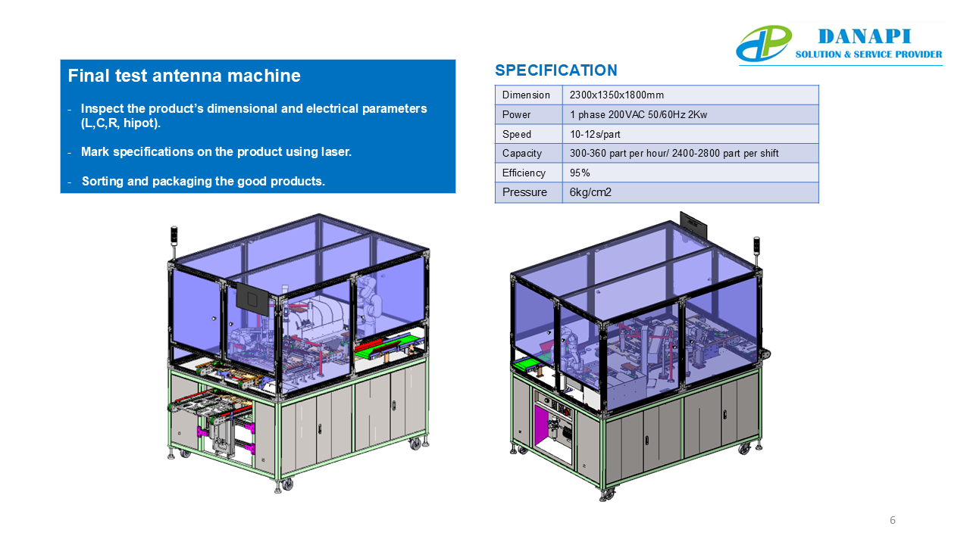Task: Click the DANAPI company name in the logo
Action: [865, 37]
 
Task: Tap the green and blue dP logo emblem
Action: [764, 43]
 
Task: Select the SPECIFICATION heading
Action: [556, 70]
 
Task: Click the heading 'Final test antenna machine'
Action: [184, 76]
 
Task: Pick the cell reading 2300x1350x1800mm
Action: [616, 95]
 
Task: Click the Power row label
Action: [516, 114]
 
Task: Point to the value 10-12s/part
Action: [595, 134]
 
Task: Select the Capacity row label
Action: [522, 153]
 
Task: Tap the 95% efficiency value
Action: [580, 173]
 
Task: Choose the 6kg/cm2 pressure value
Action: [590, 192]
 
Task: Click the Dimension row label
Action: [526, 95]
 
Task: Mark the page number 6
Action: [893, 520]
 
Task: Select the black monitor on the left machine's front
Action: [252, 299]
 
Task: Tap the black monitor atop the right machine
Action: [693, 225]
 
